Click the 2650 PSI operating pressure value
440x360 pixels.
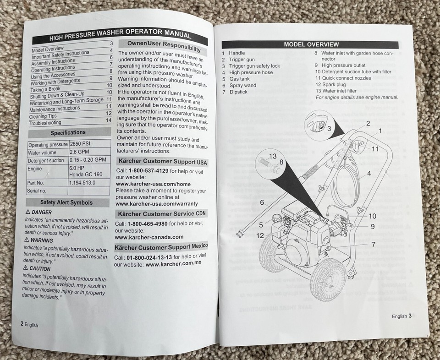[x=80, y=144]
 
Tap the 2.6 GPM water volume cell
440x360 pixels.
[x=79, y=152]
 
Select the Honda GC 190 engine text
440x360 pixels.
[x=86, y=175]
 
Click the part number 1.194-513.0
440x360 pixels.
[x=82, y=183]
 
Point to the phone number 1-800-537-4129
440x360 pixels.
[x=148, y=171]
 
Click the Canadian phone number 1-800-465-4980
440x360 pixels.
[x=147, y=224]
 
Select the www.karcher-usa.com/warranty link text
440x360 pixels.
[x=157, y=204]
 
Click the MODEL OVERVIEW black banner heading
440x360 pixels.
[x=310, y=44]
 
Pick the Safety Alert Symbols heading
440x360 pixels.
[x=66, y=202]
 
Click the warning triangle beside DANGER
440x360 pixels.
[x=28, y=212]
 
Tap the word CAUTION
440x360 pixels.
[x=40, y=268]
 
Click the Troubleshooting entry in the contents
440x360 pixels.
[x=45, y=123]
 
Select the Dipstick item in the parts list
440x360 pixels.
[x=238, y=92]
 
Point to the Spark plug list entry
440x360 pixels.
[x=334, y=84]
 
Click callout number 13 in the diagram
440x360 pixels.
[x=273, y=156]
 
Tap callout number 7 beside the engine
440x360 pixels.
[x=373, y=245]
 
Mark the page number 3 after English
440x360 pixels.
[x=410, y=316]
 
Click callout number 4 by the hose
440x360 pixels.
[x=369, y=174]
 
